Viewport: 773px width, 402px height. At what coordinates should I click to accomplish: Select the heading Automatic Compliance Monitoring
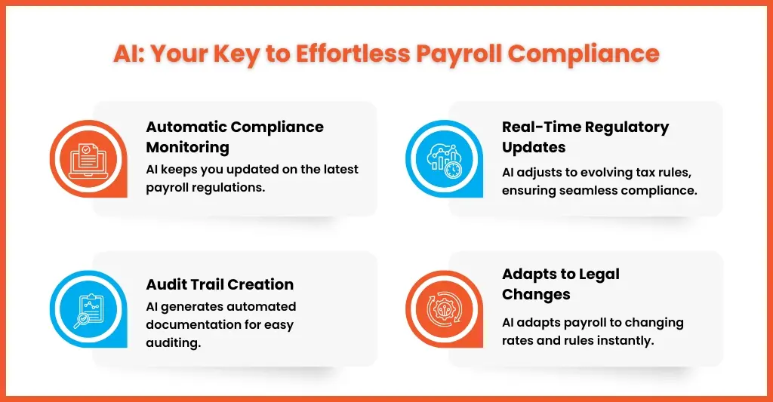pos(235,137)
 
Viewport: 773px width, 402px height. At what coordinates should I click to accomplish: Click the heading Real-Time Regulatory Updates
pos(585,137)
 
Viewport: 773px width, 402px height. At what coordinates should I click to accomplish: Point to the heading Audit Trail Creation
pos(220,284)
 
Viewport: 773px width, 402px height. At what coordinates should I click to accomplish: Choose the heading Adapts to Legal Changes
pos(560,284)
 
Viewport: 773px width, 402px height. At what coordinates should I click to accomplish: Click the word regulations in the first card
pos(228,187)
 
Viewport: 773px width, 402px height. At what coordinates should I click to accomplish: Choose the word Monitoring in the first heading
pos(188,146)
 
